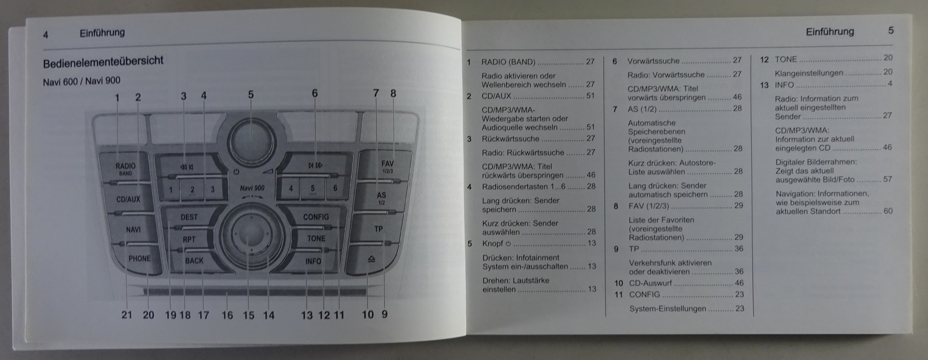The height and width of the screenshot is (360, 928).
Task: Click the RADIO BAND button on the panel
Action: (x=125, y=168)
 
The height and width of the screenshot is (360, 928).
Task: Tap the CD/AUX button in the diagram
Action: (x=128, y=199)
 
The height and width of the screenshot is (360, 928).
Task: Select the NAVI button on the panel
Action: (x=133, y=230)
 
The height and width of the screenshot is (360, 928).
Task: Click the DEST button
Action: (x=189, y=217)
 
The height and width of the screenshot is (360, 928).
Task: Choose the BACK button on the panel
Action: (x=194, y=261)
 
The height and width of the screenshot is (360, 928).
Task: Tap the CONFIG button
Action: (x=316, y=217)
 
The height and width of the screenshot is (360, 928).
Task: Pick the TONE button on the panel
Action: (x=316, y=238)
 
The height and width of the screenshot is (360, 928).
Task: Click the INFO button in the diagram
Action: (x=313, y=261)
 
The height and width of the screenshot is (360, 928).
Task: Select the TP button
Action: (x=378, y=229)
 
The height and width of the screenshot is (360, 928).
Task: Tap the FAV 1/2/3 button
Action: (x=387, y=166)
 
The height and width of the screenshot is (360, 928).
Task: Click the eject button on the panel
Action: (x=371, y=259)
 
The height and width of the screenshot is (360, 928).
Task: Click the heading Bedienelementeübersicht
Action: (x=103, y=61)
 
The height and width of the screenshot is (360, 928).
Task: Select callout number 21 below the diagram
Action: (x=127, y=315)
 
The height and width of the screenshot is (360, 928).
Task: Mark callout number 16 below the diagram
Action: (x=227, y=315)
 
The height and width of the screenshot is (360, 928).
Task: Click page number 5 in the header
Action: (x=891, y=31)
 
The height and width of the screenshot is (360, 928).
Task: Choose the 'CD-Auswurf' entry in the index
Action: (x=650, y=283)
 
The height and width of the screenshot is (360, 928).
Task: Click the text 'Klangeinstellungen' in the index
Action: (x=809, y=73)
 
